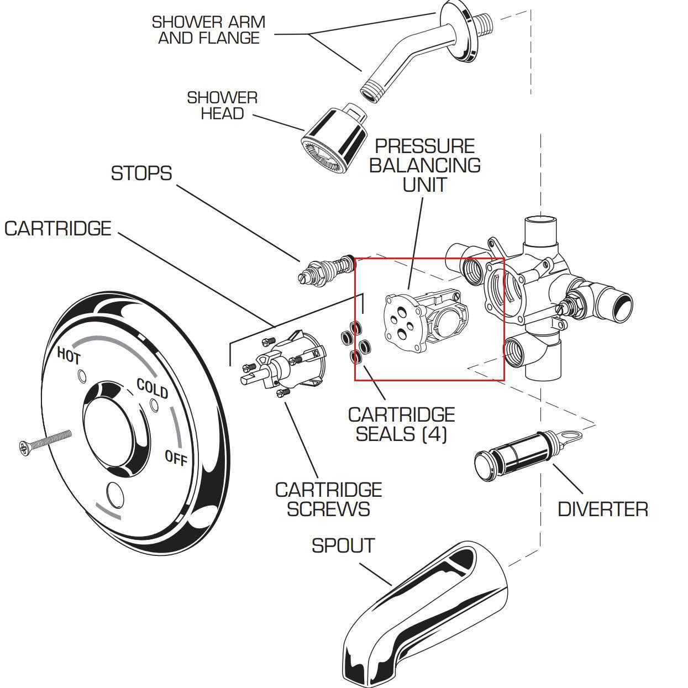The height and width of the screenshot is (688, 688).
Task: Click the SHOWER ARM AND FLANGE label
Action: point(208,30)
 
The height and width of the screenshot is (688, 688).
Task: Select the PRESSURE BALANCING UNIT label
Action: point(424,165)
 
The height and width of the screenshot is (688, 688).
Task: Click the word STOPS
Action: point(141,174)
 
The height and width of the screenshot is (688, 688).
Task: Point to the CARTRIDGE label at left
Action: point(58,229)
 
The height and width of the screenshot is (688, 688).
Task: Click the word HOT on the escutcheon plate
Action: point(69,355)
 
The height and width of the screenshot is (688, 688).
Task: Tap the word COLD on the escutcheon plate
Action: point(152,388)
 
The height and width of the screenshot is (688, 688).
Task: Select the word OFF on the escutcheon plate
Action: point(176,458)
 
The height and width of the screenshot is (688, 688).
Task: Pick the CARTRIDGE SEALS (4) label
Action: point(401,424)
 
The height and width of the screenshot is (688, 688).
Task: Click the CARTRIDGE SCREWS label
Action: point(328,500)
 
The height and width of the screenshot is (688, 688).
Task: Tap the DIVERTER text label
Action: point(602,509)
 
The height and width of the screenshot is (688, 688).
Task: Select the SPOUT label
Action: point(343,546)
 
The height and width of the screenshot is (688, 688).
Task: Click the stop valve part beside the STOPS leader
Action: point(326,269)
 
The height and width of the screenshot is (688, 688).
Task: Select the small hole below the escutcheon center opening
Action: point(115,495)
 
